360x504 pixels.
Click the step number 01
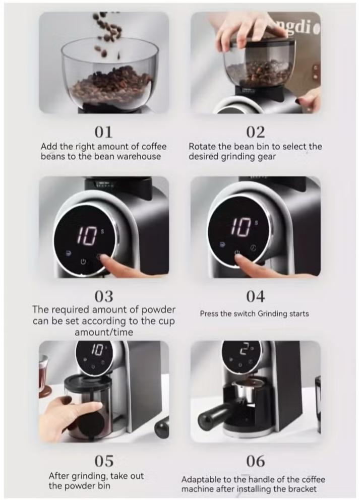(103, 132)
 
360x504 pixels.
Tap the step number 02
(256, 132)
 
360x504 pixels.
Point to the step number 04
(256, 296)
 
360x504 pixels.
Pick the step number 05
(104, 461)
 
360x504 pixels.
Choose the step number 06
(256, 461)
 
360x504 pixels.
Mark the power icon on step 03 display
(83, 262)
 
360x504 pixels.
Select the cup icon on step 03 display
(68, 253)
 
